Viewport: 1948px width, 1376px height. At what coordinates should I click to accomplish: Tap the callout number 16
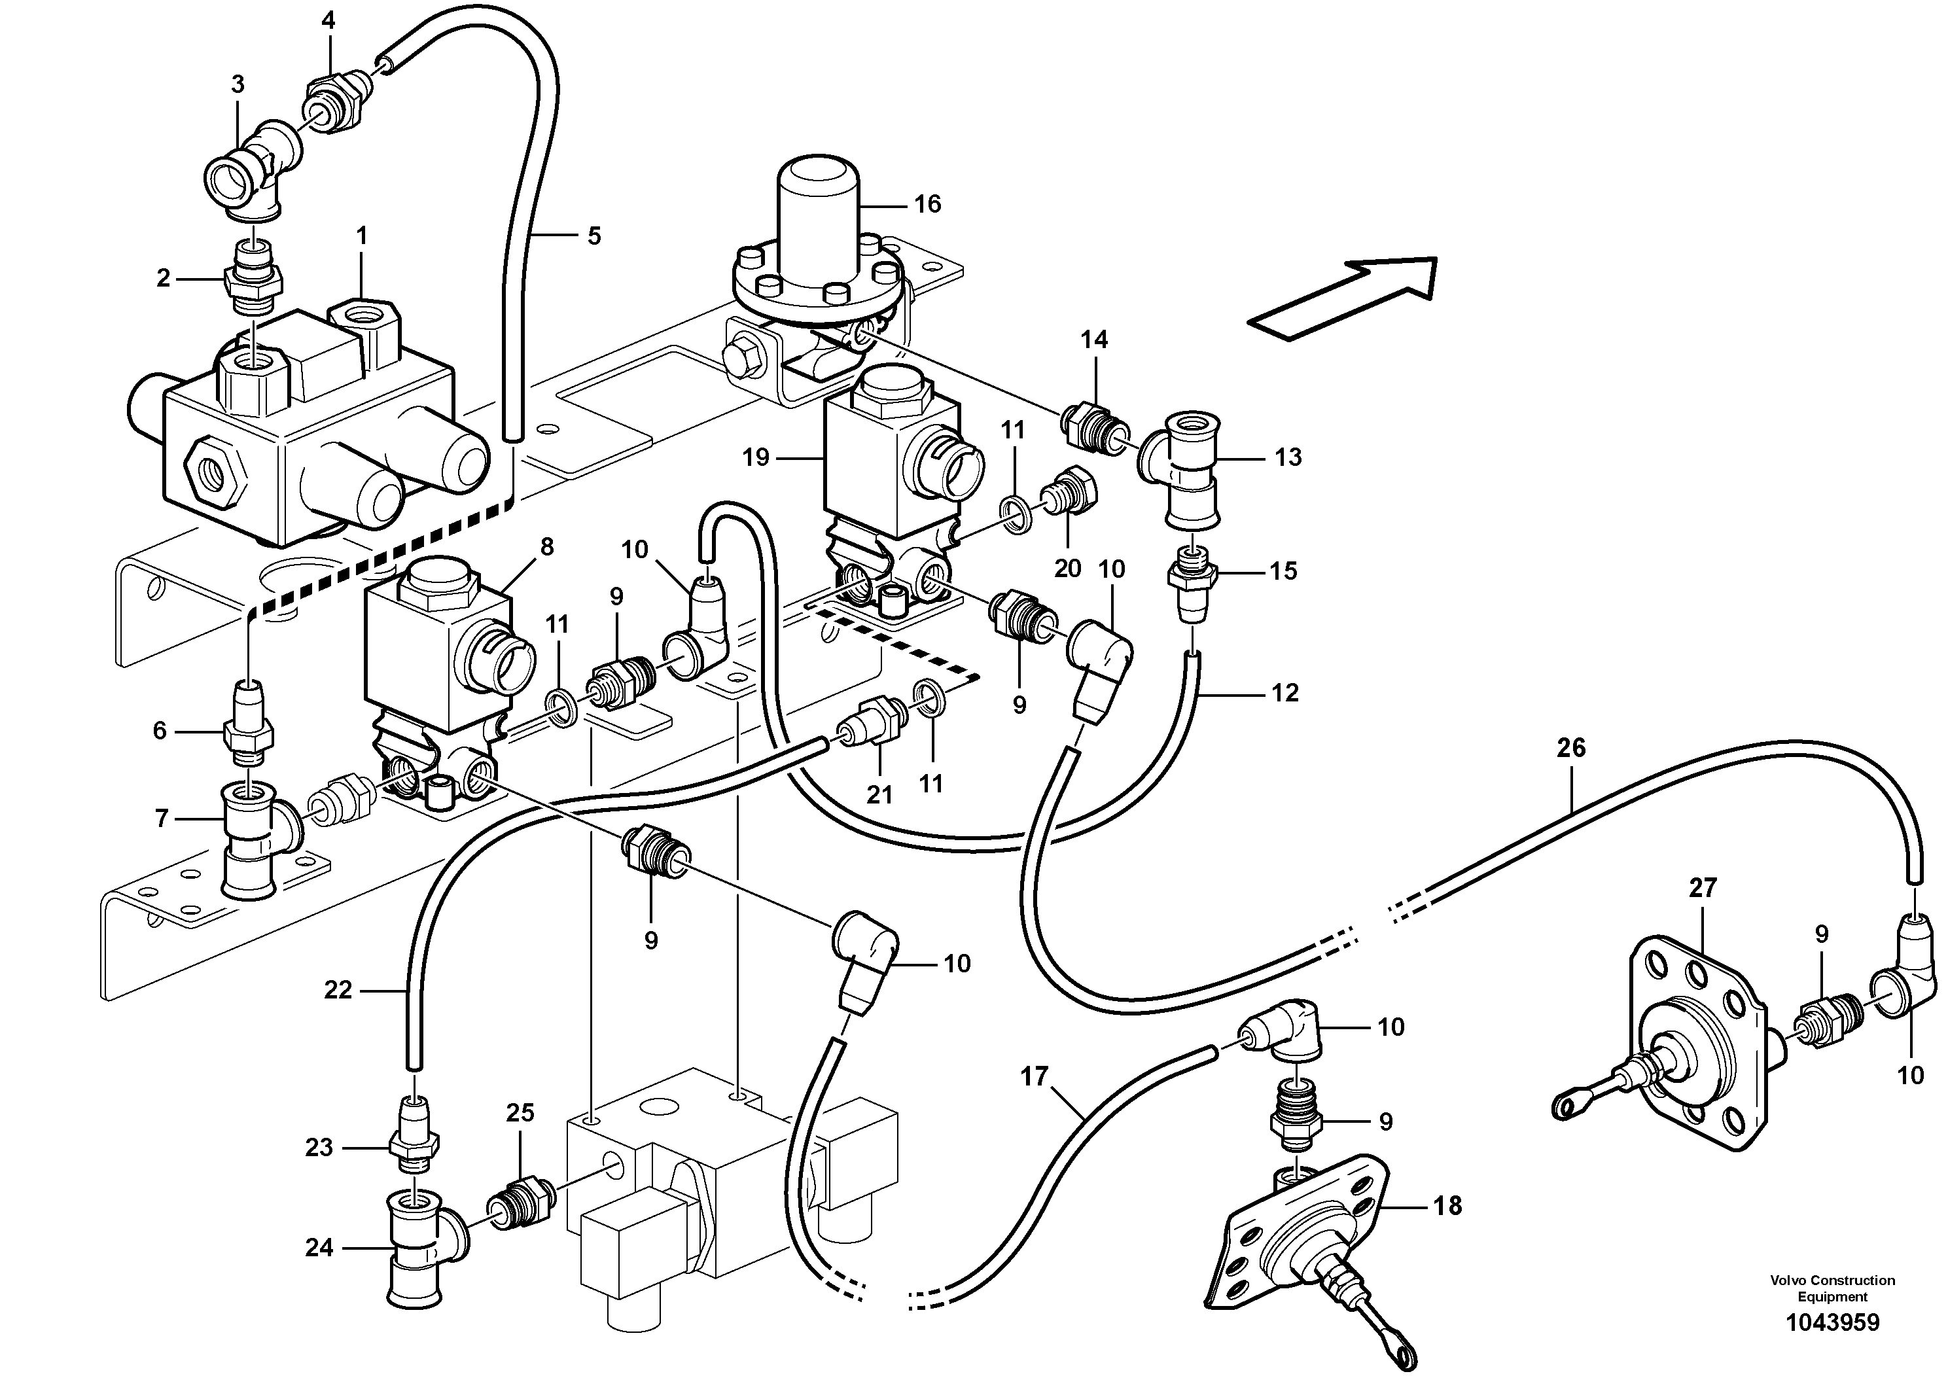click(x=927, y=204)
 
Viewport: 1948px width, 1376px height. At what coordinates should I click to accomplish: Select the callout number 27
click(x=1702, y=888)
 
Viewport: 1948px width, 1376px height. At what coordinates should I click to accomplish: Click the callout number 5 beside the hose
click(x=594, y=236)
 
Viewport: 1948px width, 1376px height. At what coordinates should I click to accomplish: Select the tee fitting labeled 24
click(x=419, y=1246)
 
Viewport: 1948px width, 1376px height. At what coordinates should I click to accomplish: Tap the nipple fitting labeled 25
click(x=520, y=1201)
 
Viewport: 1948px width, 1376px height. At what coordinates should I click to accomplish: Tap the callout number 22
click(x=338, y=990)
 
